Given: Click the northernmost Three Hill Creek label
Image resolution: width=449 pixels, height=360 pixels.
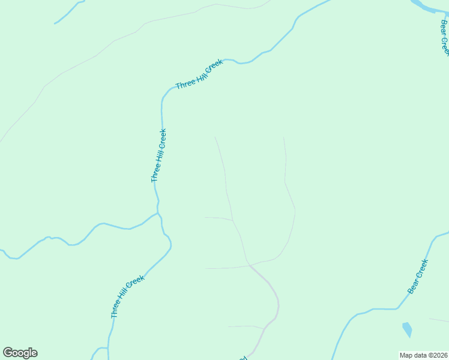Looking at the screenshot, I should pos(199,74).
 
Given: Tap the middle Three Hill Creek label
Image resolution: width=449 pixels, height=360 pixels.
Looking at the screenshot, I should pos(159,155).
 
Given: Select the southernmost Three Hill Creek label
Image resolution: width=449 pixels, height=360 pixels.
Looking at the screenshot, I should pos(128,296).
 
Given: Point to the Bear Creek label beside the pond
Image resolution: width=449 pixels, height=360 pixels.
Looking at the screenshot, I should pos(418,277).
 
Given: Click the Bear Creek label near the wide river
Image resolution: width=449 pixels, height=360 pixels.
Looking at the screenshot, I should pos(444,37).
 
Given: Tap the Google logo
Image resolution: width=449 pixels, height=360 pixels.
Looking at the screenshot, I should pos(20,353).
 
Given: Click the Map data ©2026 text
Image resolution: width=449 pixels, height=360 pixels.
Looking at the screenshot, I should pos(424,355).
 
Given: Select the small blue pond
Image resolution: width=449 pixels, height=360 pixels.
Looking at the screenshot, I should pos(407,329).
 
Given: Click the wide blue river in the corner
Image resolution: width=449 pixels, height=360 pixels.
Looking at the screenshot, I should pos(426,6).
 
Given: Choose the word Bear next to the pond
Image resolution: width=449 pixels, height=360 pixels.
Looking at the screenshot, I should pos(414,286).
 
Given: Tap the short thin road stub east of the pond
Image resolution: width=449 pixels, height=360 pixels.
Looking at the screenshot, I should pos(438,320).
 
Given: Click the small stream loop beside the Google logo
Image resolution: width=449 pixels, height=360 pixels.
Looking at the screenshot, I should pos(99,351).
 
